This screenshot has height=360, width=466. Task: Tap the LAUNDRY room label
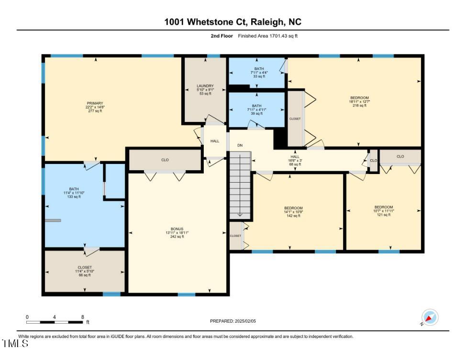pyautogui.click(x=205, y=86)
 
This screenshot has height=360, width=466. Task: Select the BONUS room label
pyautogui.click(x=177, y=229)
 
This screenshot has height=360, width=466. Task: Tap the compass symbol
pyautogui.click(x=429, y=317)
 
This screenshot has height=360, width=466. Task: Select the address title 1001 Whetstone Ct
pyautogui.click(x=233, y=22)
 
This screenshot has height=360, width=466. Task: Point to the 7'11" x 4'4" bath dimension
pyautogui.click(x=259, y=73)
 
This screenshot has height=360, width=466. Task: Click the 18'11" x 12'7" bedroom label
pyautogui.click(x=359, y=101)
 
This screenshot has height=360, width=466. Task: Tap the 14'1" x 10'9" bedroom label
pyautogui.click(x=293, y=212)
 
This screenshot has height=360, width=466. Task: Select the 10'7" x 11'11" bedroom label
pyautogui.click(x=384, y=211)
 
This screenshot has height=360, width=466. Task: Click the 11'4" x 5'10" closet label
pyautogui.click(x=85, y=272)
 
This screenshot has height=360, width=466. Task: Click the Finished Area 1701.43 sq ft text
pyautogui.click(x=271, y=36)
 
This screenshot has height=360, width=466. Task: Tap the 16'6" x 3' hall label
pyautogui.click(x=294, y=160)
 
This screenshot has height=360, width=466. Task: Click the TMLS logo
pyautogui.click(x=14, y=343)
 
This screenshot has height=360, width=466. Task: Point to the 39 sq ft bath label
pyautogui.click(x=257, y=114)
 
